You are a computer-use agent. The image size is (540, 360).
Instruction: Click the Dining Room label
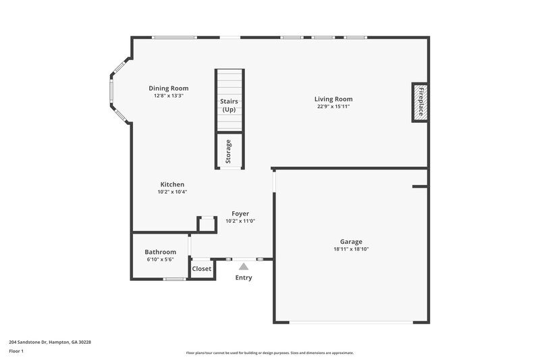(x=168, y=88)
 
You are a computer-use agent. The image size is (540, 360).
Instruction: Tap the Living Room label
(x=333, y=99)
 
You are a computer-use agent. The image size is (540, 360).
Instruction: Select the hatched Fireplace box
(x=420, y=103)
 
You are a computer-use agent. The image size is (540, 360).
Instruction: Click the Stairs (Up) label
(x=229, y=105)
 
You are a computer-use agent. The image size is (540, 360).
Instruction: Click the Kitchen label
(x=172, y=184)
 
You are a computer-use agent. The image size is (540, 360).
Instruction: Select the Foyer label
(x=240, y=213)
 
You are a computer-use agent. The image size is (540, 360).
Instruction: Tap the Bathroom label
(x=160, y=252)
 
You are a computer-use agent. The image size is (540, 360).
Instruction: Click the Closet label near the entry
(x=202, y=269)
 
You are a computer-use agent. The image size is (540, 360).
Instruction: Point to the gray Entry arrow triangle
(x=243, y=267)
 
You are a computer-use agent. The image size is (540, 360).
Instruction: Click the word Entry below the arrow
(x=243, y=278)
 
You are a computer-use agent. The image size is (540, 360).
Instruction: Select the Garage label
(x=351, y=242)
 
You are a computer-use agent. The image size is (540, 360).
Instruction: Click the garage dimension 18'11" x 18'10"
(x=351, y=249)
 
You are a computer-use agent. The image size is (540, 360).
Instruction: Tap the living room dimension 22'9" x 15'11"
(x=333, y=107)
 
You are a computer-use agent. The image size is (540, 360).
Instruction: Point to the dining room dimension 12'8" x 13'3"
(x=168, y=96)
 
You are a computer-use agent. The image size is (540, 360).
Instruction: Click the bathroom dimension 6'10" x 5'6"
(x=160, y=259)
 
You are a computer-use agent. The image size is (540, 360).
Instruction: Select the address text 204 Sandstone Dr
(x=50, y=342)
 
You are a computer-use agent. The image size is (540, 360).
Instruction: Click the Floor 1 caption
(x=16, y=352)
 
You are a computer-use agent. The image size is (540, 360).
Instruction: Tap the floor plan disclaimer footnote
(x=269, y=353)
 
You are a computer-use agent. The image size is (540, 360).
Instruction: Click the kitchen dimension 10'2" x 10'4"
(x=172, y=192)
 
